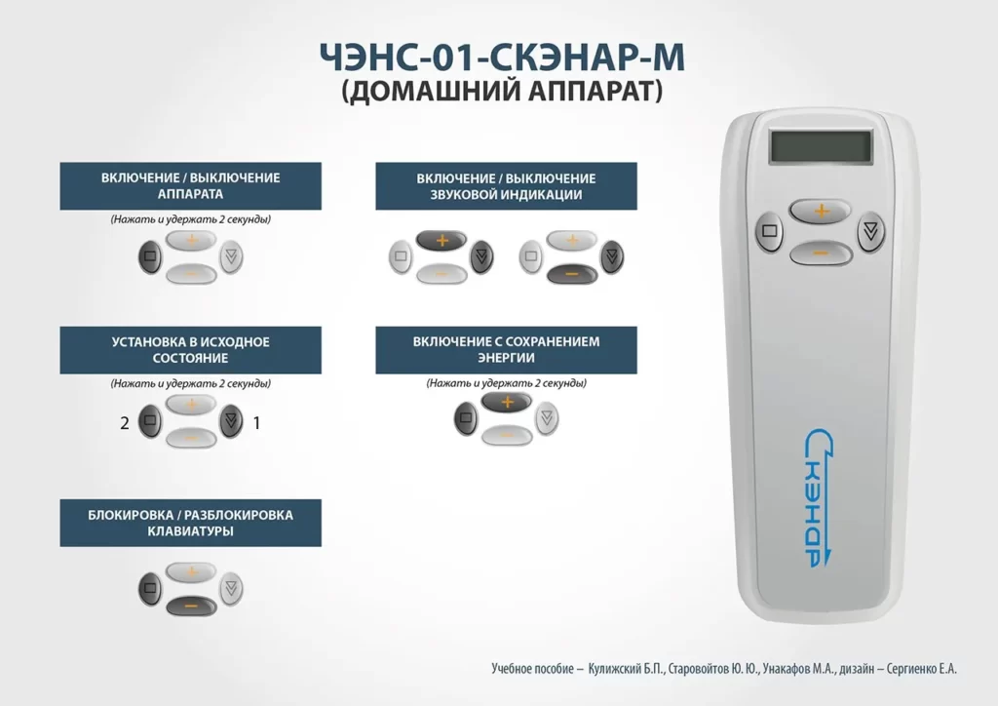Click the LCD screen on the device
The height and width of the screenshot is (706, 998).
pyautogui.click(x=820, y=146)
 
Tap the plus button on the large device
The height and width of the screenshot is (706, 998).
pyautogui.click(x=821, y=211)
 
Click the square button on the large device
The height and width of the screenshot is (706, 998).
pyautogui.click(x=770, y=230)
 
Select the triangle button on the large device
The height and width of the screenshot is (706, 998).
pyautogui.click(x=870, y=231)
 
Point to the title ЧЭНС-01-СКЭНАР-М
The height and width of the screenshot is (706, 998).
pyautogui.click(x=502, y=57)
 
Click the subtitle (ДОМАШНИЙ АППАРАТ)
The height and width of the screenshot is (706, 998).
pyautogui.click(x=502, y=91)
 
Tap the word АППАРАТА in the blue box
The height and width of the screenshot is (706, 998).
pyautogui.click(x=190, y=194)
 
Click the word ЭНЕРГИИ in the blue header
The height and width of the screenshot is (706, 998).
pyautogui.click(x=506, y=358)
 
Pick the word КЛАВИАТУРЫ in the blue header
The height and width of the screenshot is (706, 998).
pyautogui.click(x=190, y=530)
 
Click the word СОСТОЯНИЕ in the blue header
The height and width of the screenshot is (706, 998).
pyautogui.click(x=190, y=358)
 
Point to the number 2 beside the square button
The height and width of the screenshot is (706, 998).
pyautogui.click(x=125, y=422)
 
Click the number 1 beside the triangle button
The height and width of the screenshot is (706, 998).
pyautogui.click(x=256, y=422)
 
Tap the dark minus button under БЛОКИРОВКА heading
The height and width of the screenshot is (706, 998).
pyautogui.click(x=191, y=606)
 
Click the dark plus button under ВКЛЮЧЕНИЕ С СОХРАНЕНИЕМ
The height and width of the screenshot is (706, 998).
pyautogui.click(x=507, y=403)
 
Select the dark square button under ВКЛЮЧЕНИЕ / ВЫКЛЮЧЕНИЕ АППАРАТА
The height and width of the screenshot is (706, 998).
pyautogui.click(x=150, y=256)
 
